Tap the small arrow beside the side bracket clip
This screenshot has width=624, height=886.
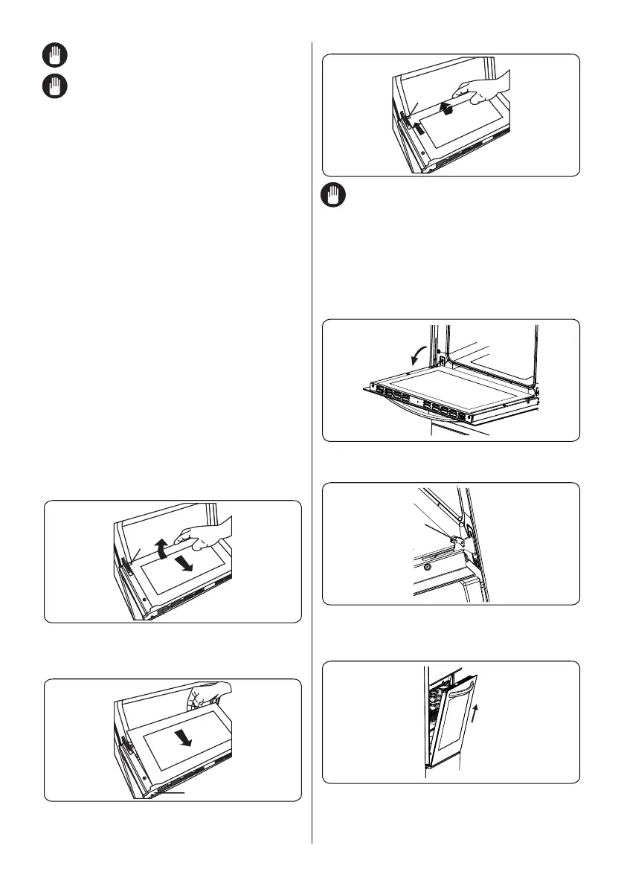[x=419, y=128]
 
